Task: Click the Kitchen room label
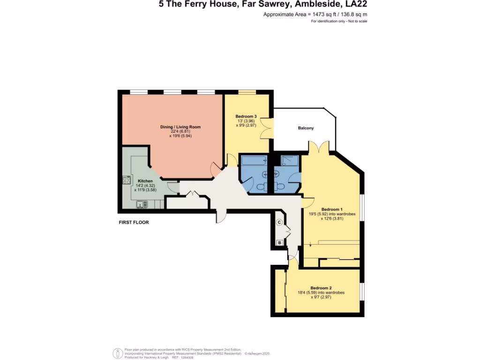pyautogui.click(x=145, y=181)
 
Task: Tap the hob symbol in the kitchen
pyautogui.click(x=127, y=180)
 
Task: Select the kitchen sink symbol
pyautogui.click(x=142, y=204)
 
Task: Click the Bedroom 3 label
pyautogui.click(x=246, y=116)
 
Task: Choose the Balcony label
pyautogui.click(x=306, y=128)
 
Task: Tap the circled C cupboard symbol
pyautogui.click(x=279, y=222)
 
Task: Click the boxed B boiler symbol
pyautogui.click(x=279, y=243)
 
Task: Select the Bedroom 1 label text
pyautogui.click(x=332, y=209)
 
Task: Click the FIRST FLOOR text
pyautogui.click(x=134, y=222)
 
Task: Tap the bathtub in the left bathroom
pyautogui.click(x=253, y=161)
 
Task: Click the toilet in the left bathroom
pyautogui.click(x=261, y=187)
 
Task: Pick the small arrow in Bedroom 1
pyautogui.click(x=310, y=243)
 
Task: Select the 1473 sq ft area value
pyautogui.click(x=320, y=15)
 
